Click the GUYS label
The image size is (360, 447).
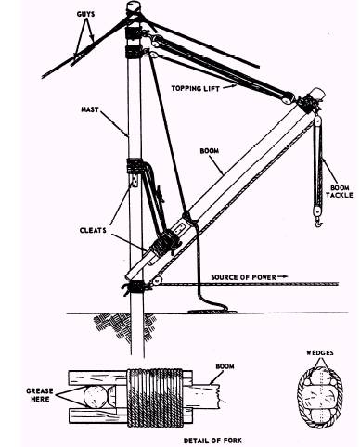coord(85,14)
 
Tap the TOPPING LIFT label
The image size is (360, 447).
coord(196,89)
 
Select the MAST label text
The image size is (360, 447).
coord(90,109)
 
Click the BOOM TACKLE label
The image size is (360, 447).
coord(340,191)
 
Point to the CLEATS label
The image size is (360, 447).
coord(93,230)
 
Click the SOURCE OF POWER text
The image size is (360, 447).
coord(243,277)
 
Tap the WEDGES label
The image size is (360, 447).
coord(320,352)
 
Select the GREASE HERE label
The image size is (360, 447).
coord(40,395)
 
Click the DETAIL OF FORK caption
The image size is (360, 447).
coord(212,441)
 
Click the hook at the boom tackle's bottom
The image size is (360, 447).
coord(318,222)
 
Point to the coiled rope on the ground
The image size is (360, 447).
coord(212,311)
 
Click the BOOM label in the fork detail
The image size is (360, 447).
coord(225,366)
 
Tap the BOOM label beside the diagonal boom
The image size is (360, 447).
coord(210,151)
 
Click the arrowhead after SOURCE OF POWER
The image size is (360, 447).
coord(283,276)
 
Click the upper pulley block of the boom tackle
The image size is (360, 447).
coord(316,123)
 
